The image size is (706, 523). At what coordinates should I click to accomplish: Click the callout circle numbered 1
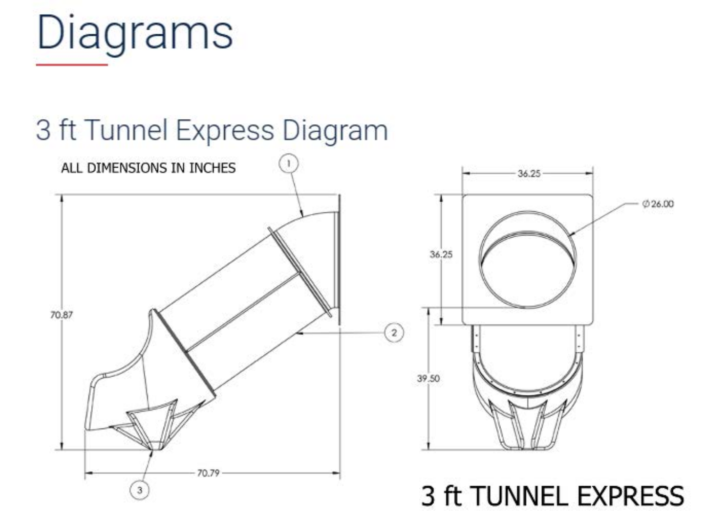point(289,163)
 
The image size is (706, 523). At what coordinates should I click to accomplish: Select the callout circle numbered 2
point(394,333)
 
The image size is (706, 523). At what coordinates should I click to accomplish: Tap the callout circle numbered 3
point(140,490)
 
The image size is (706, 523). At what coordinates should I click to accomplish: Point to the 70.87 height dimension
point(61,315)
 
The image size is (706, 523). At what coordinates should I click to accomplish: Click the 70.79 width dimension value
point(208,473)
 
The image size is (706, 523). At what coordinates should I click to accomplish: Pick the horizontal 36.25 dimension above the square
point(529,173)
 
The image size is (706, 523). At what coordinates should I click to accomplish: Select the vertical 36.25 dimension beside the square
point(441,254)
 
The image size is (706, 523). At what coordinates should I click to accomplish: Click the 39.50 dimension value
point(428,378)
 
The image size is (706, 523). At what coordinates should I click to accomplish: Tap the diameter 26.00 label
point(658,204)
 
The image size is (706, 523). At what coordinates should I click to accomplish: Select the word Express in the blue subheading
point(224,130)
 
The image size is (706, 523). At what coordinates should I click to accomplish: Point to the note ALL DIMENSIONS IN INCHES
point(148,168)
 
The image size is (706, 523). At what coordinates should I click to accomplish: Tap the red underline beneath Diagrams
point(72,64)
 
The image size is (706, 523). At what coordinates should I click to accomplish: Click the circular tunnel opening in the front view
point(527,259)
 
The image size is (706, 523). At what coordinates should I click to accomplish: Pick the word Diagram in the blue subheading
point(335,130)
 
